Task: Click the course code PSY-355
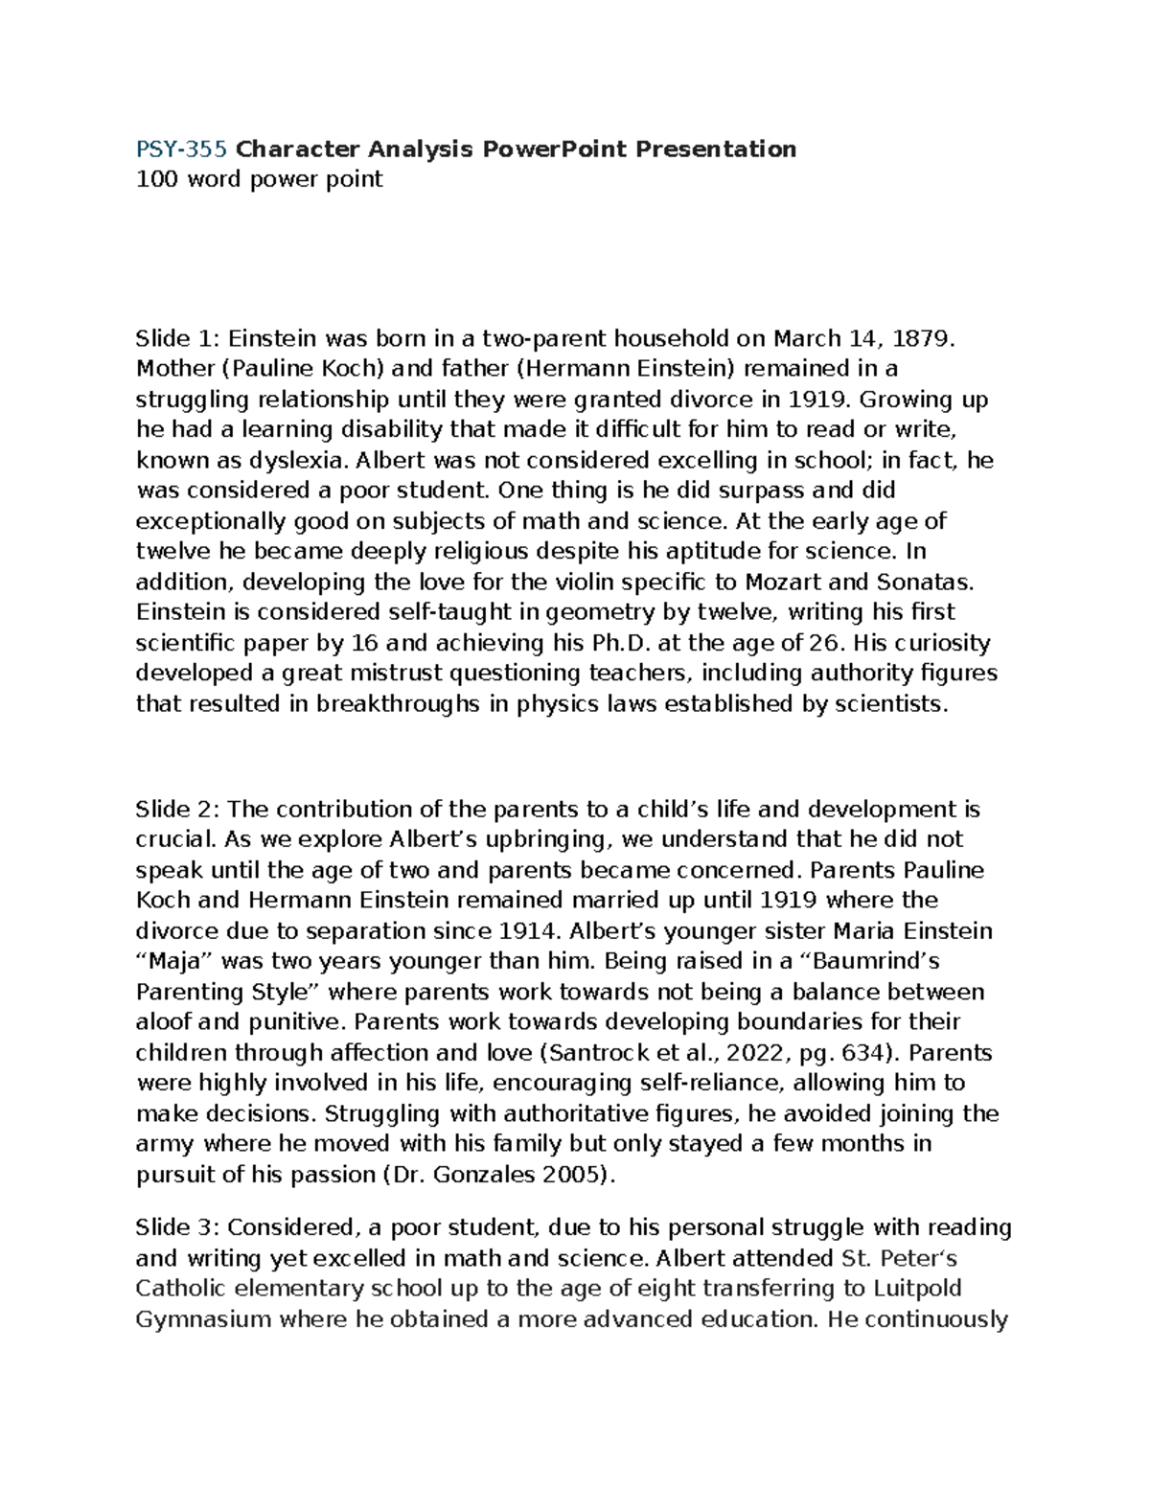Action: tap(181, 149)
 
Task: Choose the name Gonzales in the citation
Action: tap(495, 1176)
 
